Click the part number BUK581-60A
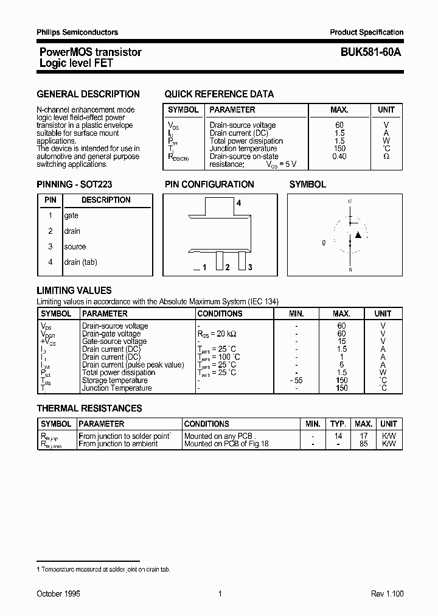click(366, 52)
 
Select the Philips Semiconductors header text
click(77, 32)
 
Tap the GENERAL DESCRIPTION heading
click(88, 94)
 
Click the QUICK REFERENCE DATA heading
click(219, 94)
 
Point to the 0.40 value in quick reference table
click(339, 156)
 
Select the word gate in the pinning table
click(71, 215)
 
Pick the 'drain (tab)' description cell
click(80, 262)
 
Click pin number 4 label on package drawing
click(238, 203)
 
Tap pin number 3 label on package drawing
click(249, 267)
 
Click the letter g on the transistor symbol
click(324, 242)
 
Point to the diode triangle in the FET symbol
click(358, 234)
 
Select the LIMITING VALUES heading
click(74, 291)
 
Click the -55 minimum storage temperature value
click(296, 380)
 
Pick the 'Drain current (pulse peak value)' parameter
click(133, 365)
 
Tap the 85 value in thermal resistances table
click(364, 444)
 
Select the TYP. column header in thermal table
click(338, 424)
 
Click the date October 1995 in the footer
click(58, 593)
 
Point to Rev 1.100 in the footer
click(387, 593)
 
